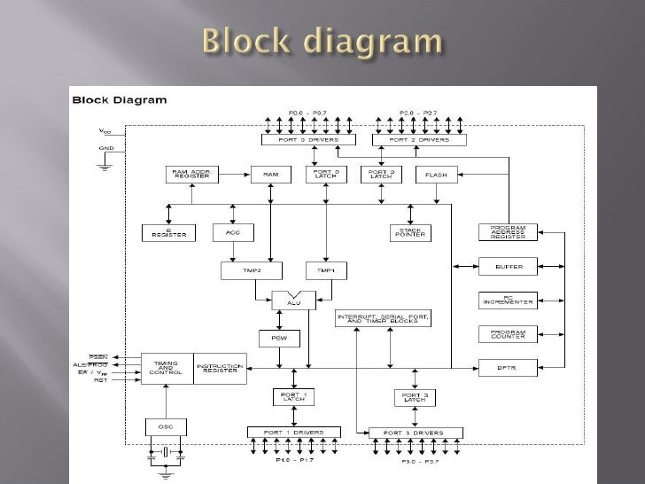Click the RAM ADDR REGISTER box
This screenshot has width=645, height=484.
pyautogui.click(x=190, y=175)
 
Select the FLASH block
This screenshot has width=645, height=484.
pyautogui.click(x=436, y=175)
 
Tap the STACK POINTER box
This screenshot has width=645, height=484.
pyautogui.click(x=410, y=232)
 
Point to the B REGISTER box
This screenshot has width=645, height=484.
pyautogui.click(x=168, y=233)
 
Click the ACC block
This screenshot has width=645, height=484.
pyautogui.click(x=233, y=232)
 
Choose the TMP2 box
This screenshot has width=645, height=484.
pyautogui.click(x=239, y=269)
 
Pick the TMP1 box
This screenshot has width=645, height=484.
pyautogui.click(x=325, y=269)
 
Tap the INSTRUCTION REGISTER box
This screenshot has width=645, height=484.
pyautogui.click(x=219, y=368)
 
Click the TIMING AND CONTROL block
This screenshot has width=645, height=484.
pyautogui.click(x=167, y=368)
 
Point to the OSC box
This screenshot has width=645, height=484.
pyautogui.click(x=167, y=426)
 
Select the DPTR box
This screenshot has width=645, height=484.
pyautogui.click(x=508, y=365)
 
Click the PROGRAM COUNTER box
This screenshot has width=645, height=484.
pyautogui.click(x=508, y=333)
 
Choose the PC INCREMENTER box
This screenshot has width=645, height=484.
pyautogui.click(x=508, y=300)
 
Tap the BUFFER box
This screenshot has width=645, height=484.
pyautogui.click(x=508, y=266)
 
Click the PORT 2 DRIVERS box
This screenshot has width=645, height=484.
pyautogui.click(x=419, y=140)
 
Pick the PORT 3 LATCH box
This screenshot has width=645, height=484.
pyautogui.click(x=415, y=397)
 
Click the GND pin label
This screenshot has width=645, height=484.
pyautogui.click(x=106, y=150)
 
